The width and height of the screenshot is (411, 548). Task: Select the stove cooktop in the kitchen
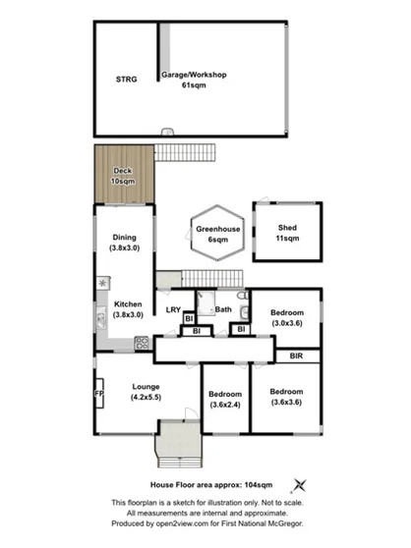click(x=142, y=344)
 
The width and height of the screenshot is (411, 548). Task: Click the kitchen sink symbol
click(x=100, y=317)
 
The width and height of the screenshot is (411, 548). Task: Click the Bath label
click(x=224, y=310)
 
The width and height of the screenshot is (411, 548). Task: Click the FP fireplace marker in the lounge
click(x=98, y=394)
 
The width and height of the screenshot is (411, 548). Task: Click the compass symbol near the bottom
click(x=301, y=484)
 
